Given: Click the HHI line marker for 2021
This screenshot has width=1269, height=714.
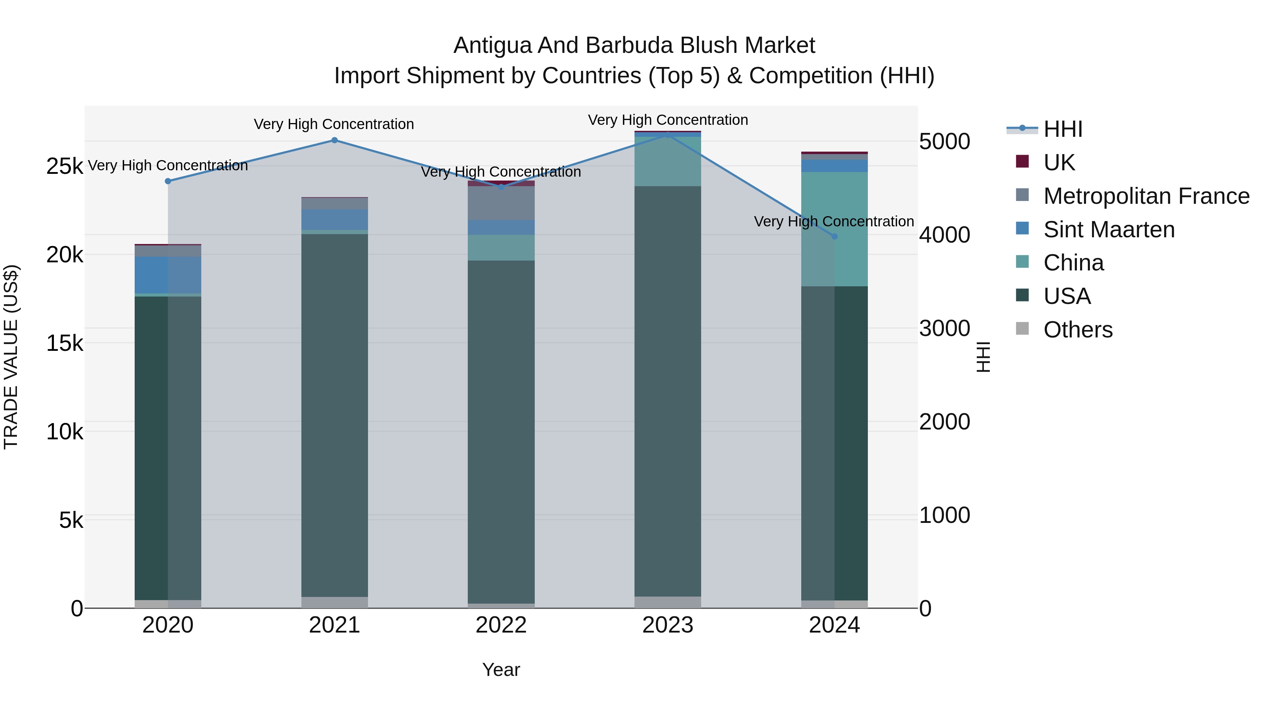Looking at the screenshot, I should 335,140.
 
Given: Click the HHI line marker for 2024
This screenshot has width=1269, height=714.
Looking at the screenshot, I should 834,237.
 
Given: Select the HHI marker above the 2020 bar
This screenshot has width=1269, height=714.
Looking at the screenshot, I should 168,181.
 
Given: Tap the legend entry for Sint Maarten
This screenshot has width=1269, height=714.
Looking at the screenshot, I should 1108,230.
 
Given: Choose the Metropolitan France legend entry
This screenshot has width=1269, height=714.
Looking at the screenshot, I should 1146,196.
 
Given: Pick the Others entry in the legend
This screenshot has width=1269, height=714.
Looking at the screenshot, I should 1077,330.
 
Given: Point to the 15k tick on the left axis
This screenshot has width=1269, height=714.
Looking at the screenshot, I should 65,343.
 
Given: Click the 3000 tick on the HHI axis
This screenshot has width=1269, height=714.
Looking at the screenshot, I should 944,329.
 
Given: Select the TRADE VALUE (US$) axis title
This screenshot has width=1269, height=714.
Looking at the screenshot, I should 11,357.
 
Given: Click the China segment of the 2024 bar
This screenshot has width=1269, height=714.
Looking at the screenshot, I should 834,229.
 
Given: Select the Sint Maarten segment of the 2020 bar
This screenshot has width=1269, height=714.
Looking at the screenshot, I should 168,275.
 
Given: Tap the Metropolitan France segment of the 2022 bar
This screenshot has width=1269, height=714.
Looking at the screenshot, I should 501,203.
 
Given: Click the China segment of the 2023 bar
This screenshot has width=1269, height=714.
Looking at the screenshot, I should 668,161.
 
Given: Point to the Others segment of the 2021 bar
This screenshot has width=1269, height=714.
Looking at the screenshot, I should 335,603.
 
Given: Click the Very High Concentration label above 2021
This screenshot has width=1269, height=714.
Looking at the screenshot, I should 334,124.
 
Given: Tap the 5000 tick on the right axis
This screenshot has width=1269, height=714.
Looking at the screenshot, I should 944,142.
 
